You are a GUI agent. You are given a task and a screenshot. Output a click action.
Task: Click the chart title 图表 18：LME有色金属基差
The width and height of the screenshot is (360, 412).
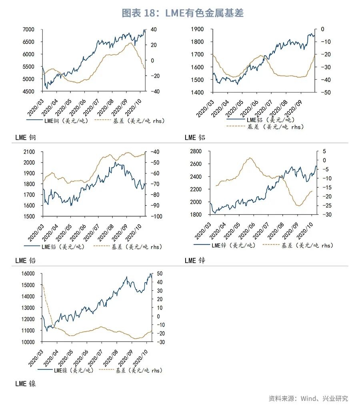click(x=182, y=13)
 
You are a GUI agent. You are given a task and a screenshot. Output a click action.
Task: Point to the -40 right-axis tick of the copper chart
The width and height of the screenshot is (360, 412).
click(x=155, y=92)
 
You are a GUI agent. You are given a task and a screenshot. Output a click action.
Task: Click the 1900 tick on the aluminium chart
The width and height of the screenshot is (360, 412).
click(x=198, y=29)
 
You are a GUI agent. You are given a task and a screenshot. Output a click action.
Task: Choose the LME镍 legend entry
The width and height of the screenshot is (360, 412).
click(x=73, y=371)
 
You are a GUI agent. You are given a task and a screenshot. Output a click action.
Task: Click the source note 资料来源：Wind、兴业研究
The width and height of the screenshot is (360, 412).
click(x=308, y=398)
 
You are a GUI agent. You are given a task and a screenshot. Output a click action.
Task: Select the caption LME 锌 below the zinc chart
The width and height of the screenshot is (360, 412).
click(x=195, y=261)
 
